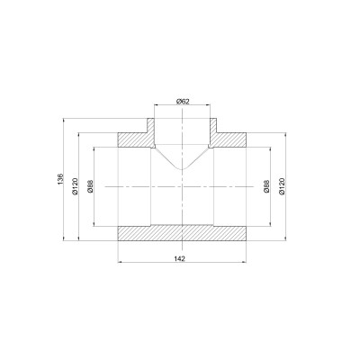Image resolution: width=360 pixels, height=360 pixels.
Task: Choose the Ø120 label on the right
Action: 283,185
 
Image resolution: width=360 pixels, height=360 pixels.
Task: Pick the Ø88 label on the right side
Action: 266,185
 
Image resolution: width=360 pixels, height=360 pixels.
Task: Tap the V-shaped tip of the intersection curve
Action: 183,170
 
